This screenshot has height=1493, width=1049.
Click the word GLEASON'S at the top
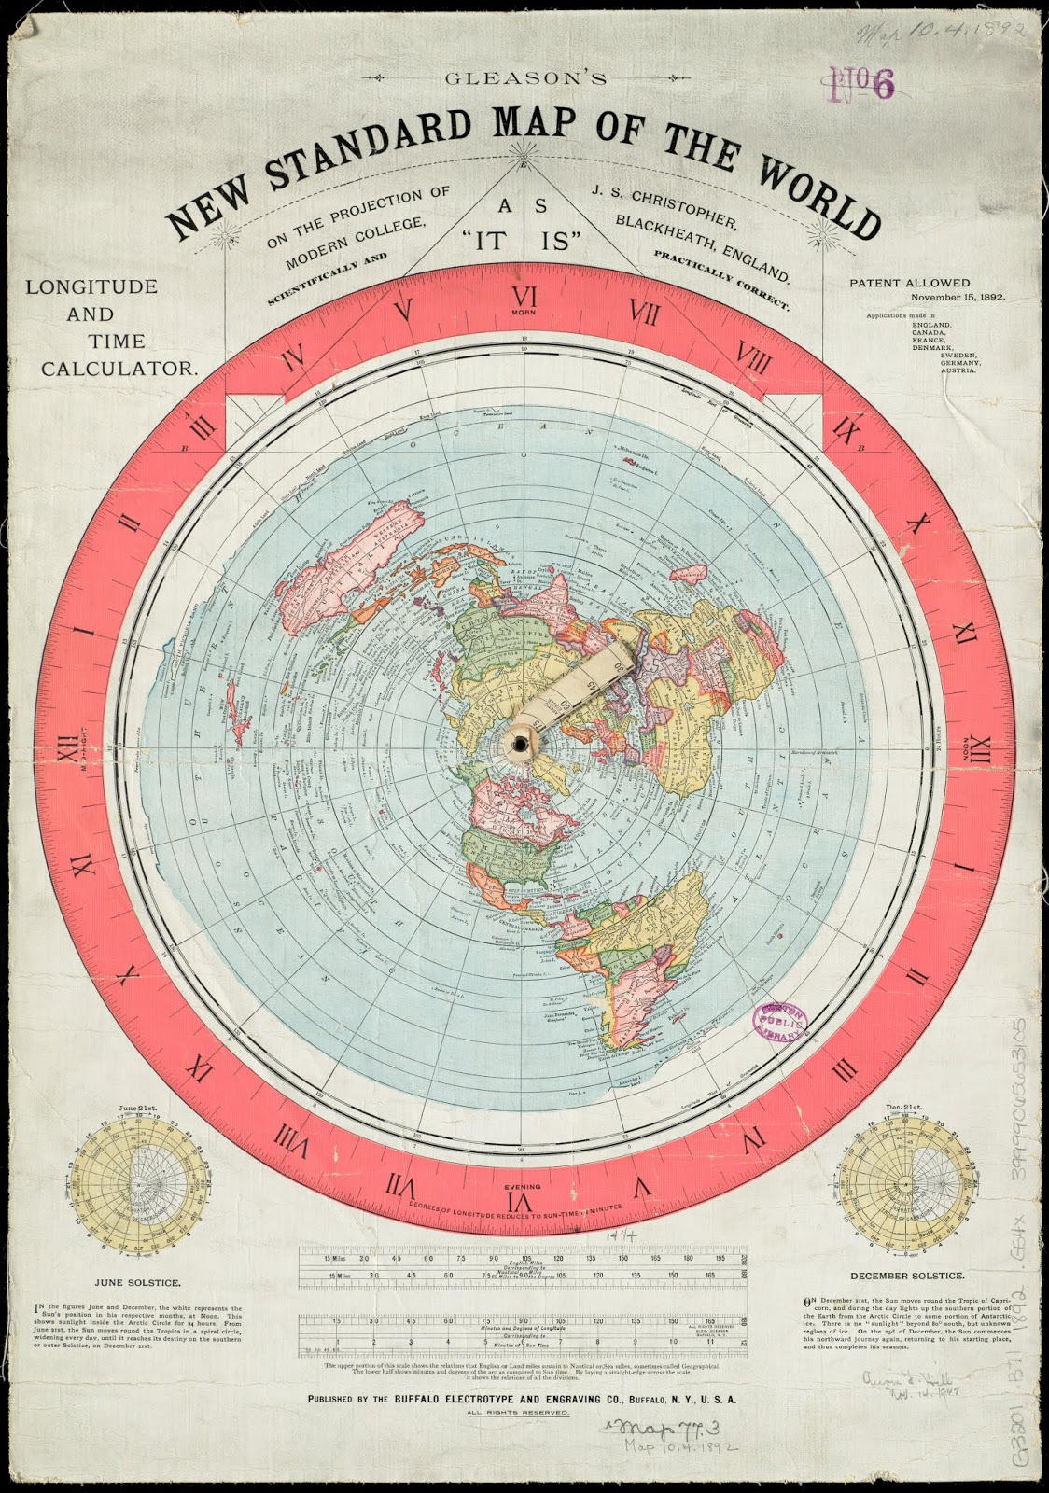[526, 78]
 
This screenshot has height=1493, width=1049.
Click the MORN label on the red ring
[523, 312]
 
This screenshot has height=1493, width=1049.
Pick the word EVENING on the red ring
[522, 1185]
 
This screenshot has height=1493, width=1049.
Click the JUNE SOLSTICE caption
[129, 1283]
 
